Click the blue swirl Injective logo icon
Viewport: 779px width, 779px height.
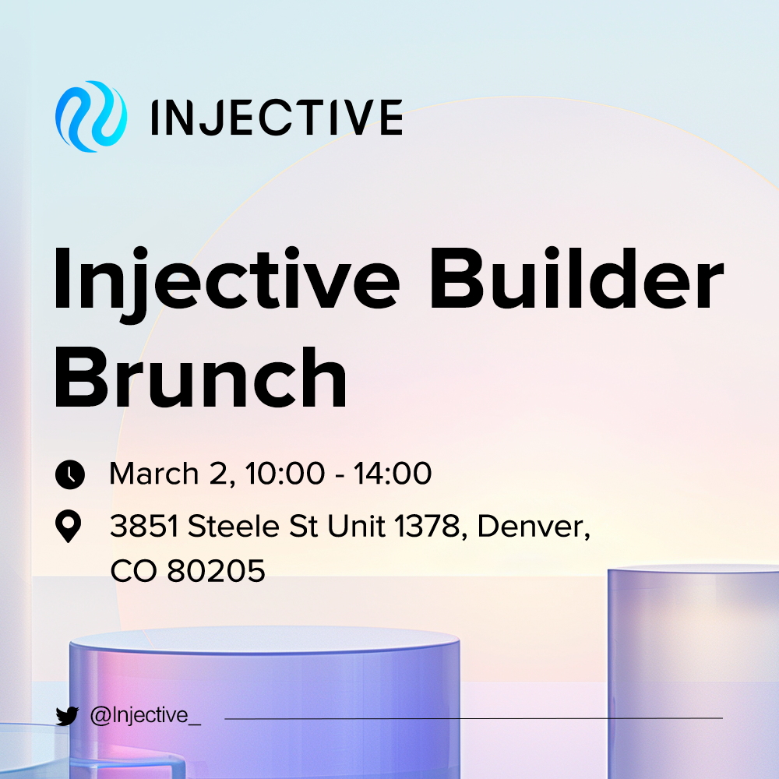91,116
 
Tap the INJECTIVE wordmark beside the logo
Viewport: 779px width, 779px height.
277,118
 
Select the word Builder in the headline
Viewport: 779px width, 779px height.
576,279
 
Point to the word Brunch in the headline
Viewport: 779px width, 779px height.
200,378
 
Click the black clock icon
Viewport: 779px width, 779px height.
70,474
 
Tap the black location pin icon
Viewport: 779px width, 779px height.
68,526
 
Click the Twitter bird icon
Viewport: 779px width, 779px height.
67,716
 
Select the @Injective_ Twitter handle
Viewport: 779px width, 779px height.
146,715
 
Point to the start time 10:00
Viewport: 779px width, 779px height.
285,474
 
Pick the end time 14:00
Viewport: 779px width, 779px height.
393,474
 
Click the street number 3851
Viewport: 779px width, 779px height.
144,526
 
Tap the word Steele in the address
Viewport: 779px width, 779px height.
234,526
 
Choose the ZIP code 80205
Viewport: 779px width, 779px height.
216,571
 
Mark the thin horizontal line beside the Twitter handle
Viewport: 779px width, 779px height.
474,718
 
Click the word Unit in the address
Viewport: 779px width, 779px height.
356,526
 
